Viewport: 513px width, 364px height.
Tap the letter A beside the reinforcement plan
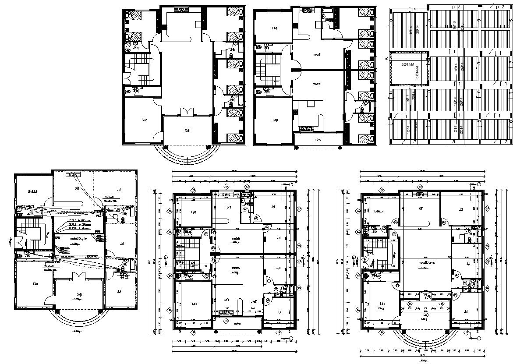click(x=386, y=58)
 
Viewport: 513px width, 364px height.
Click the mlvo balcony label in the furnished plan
click(x=318, y=140)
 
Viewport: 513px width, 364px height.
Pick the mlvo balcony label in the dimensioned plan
click(x=238, y=324)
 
